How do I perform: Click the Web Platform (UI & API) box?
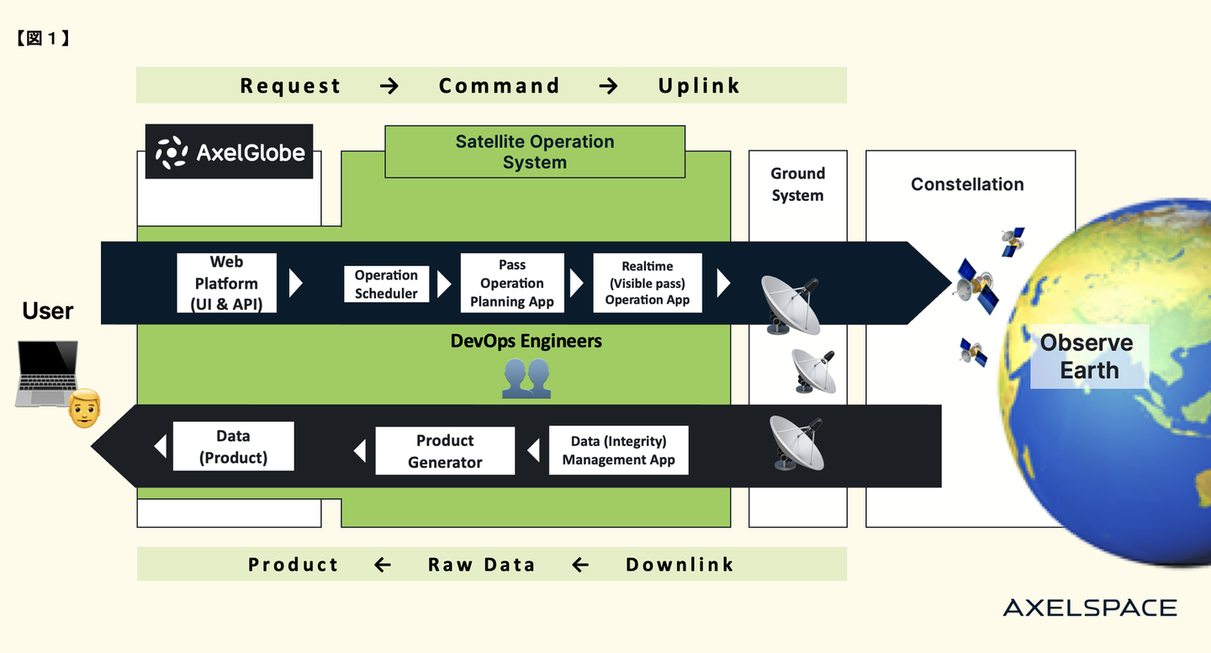(226, 284)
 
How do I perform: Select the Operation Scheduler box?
(386, 284)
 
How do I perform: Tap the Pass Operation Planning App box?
(512, 284)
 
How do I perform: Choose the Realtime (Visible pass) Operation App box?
(647, 284)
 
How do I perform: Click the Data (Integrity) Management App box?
(618, 450)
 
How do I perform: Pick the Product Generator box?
(445, 451)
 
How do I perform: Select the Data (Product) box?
(233, 447)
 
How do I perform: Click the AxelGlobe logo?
(229, 152)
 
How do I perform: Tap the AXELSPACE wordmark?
(1090, 608)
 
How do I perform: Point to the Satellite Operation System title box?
(535, 152)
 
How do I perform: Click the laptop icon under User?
(46, 374)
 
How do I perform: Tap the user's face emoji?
(84, 408)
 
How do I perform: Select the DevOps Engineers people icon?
(526, 378)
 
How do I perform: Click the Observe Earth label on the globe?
(1088, 357)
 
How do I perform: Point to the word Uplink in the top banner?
(699, 86)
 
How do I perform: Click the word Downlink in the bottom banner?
(680, 565)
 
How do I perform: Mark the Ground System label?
(797, 184)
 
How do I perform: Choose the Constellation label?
(967, 184)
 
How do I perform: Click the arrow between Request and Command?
(389, 86)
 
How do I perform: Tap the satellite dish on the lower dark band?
(796, 443)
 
